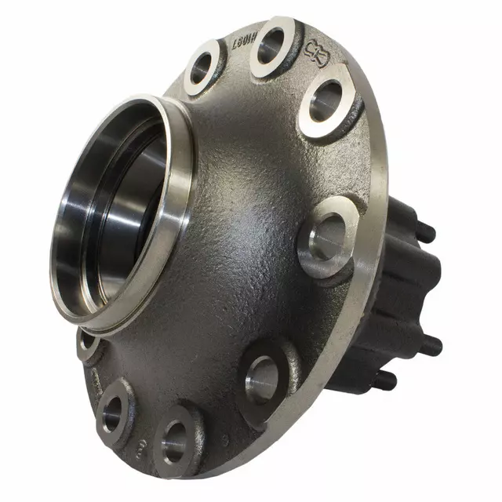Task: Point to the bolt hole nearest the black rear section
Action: (328, 237)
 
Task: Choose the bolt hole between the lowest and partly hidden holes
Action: (115, 406)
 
